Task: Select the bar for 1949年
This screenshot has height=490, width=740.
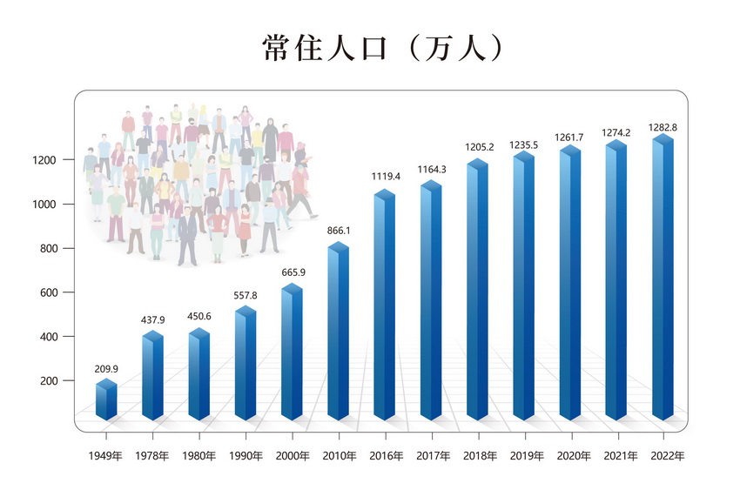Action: click(x=106, y=401)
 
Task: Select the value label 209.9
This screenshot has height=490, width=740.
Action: click(x=106, y=369)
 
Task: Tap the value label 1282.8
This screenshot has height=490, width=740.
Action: click(x=663, y=128)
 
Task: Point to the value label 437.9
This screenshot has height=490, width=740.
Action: click(x=153, y=320)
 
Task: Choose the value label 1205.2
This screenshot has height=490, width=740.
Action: click(x=477, y=147)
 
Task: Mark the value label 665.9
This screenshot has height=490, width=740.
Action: click(x=292, y=272)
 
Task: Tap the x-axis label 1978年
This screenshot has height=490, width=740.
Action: click(x=153, y=455)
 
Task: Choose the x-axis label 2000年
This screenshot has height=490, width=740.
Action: click(x=292, y=455)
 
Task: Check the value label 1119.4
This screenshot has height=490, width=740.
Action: click(x=385, y=176)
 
